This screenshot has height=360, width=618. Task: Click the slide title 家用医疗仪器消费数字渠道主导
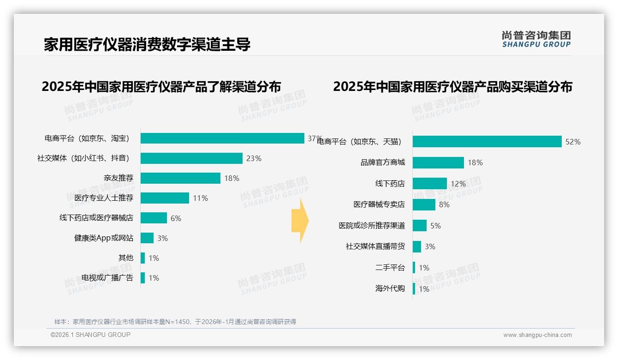click(147, 44)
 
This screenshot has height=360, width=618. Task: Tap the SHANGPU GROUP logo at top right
click(536, 39)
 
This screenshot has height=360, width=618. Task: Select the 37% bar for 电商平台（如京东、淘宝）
click(222, 138)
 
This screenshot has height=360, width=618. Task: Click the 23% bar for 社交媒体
click(191, 158)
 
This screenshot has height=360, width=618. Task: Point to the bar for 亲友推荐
click(180, 178)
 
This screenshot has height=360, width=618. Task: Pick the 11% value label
click(200, 198)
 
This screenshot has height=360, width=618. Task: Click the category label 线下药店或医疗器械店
click(96, 218)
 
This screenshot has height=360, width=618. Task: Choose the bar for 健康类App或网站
click(147, 238)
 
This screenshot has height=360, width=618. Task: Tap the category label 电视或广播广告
click(107, 277)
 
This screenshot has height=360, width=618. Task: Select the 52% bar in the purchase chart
click(487, 142)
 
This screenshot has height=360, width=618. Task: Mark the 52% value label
click(573, 142)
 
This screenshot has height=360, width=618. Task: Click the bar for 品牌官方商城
click(438, 162)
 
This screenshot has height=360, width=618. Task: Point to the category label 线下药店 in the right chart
click(390, 184)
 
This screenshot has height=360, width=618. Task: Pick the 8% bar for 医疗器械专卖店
click(424, 204)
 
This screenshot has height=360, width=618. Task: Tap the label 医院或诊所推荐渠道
click(372, 226)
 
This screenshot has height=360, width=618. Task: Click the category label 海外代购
click(390, 288)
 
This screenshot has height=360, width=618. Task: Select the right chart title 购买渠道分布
click(452, 87)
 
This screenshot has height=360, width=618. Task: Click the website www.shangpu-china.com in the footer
click(537, 335)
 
